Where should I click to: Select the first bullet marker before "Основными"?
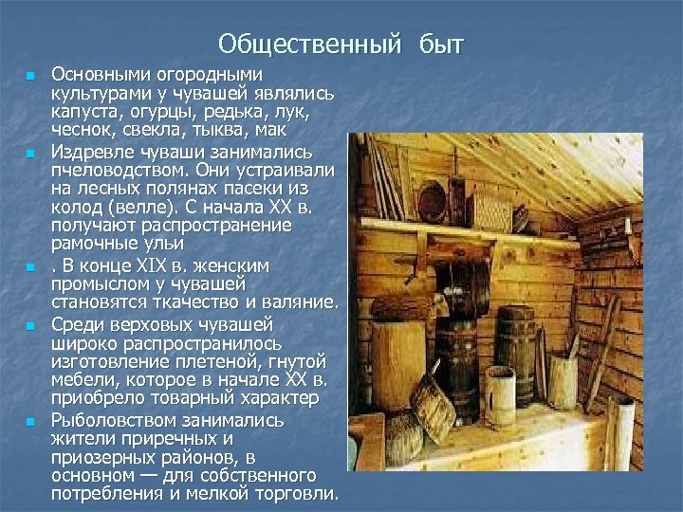tap(30, 75)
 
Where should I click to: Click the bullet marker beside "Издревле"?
tap(30, 153)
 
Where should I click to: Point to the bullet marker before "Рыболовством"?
tap(30, 420)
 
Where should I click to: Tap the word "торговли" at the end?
tap(295, 493)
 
